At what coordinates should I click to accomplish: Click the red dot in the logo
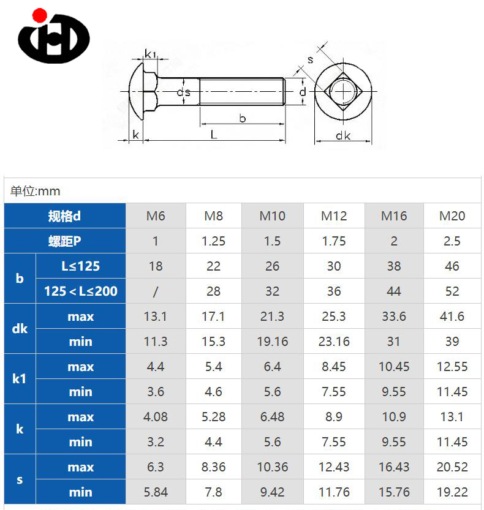point(40,15)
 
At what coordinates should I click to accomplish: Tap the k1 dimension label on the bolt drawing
point(150,54)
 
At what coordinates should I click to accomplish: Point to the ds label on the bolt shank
point(184,92)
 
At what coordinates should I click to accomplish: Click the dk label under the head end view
point(343,135)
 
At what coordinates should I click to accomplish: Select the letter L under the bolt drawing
point(214,134)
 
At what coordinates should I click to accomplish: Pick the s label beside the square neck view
point(311,60)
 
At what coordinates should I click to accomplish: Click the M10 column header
point(272,216)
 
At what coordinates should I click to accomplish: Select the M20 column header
point(452,216)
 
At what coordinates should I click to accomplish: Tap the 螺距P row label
point(64,241)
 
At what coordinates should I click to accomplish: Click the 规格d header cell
point(64,216)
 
